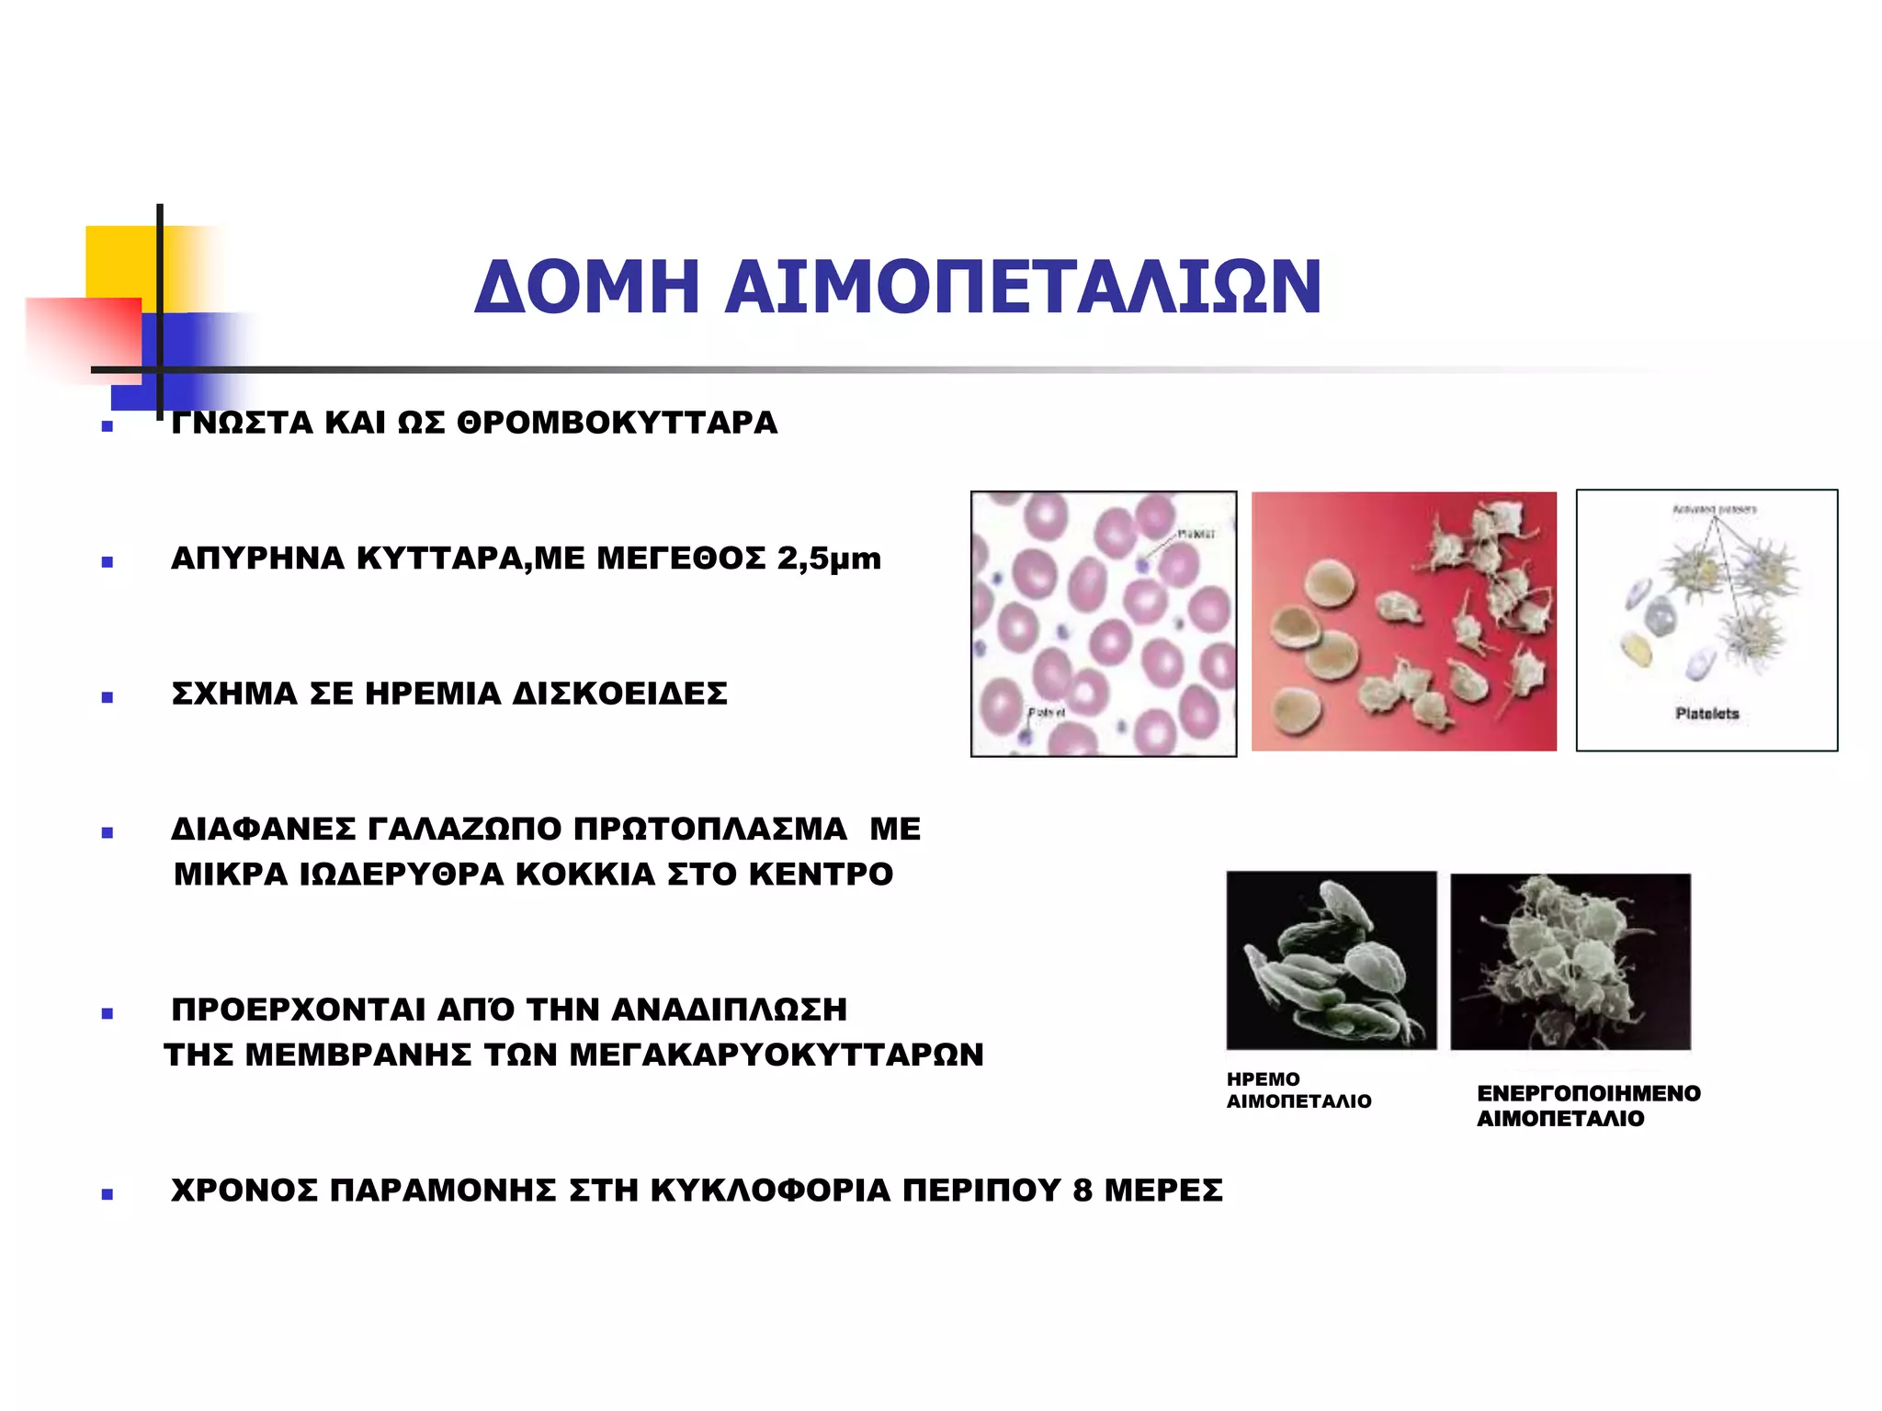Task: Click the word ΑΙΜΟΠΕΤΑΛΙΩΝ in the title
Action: point(1023,287)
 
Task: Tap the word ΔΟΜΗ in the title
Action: point(586,287)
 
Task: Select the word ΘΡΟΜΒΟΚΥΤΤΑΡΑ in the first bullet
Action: point(617,423)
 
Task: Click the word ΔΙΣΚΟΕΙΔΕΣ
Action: point(619,694)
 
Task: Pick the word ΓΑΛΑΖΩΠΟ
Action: point(464,829)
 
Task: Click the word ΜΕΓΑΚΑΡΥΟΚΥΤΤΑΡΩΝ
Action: point(777,1055)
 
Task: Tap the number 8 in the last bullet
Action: point(1083,1191)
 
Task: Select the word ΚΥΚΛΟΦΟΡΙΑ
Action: point(770,1191)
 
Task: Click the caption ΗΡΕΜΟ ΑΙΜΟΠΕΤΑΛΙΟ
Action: point(1298,1090)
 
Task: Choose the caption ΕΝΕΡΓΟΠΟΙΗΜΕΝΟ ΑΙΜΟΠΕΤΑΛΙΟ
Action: point(1588,1106)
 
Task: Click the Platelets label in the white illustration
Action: point(1706,714)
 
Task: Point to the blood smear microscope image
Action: point(1103,624)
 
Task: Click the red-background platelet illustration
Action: point(1403,622)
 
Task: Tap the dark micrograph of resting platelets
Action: point(1331,960)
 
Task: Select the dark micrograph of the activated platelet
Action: point(1570,961)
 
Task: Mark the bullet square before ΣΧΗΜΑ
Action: point(108,697)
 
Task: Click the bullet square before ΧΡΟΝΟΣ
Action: point(108,1194)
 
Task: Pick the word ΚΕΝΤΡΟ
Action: point(821,874)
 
